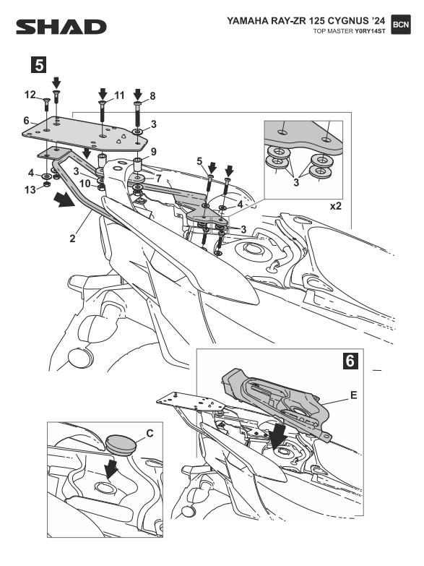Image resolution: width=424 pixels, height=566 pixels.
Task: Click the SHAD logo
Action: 61,27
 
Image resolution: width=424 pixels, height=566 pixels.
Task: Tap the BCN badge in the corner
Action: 401,25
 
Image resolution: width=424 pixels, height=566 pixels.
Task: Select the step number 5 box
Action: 38,65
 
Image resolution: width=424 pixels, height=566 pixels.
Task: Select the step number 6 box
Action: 350,361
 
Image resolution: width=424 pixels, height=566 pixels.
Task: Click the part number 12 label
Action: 30,95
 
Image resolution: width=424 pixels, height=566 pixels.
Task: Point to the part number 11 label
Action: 119,95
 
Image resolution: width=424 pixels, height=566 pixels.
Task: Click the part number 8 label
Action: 152,96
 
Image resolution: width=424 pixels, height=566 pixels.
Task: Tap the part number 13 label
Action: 30,189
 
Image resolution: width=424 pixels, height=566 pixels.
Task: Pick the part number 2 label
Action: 72,239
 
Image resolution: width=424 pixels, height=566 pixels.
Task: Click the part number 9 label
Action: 153,152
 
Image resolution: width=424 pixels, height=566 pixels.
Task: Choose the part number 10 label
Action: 85,184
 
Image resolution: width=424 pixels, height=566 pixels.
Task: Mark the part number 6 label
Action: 26,120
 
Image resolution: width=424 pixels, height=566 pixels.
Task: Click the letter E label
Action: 354,395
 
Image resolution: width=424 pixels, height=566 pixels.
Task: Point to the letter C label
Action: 150,433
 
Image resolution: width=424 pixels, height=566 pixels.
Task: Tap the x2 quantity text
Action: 336,206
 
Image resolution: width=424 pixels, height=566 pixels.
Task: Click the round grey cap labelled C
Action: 121,445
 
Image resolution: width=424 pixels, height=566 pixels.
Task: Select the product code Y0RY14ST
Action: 370,31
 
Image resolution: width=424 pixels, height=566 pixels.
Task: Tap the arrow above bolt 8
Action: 138,94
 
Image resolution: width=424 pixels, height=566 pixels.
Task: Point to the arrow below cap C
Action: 111,468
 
